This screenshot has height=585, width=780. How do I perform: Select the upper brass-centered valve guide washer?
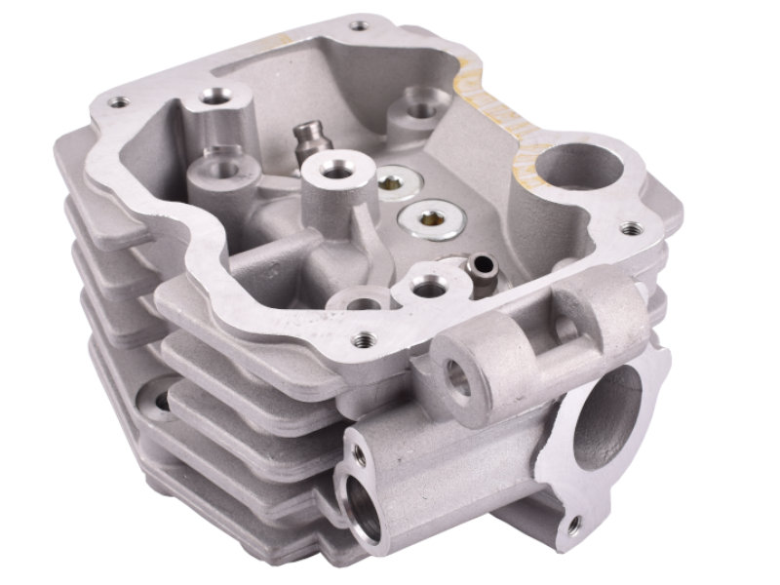point(396,180)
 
